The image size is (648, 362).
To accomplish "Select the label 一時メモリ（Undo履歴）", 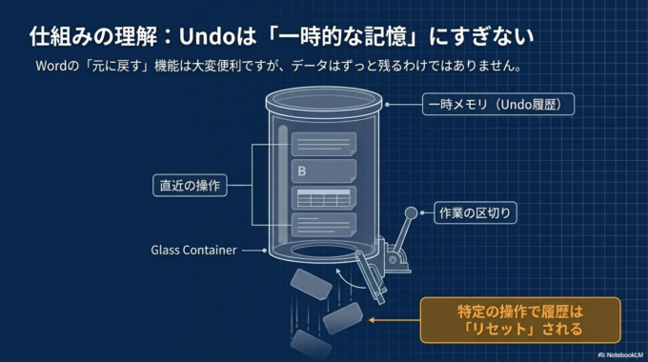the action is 498,103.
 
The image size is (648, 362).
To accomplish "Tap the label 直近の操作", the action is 189,185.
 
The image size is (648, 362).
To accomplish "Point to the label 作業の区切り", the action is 476,212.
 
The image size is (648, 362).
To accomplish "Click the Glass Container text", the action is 193,251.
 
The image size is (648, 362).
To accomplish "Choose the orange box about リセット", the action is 519,320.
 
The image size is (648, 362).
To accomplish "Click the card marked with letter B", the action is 322,171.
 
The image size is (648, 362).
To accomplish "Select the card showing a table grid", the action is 323,199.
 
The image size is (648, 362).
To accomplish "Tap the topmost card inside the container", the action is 323,144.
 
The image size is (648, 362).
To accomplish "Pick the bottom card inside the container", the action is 323,226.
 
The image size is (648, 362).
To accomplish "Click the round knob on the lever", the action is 411,213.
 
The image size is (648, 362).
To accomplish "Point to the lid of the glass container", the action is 327,100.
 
